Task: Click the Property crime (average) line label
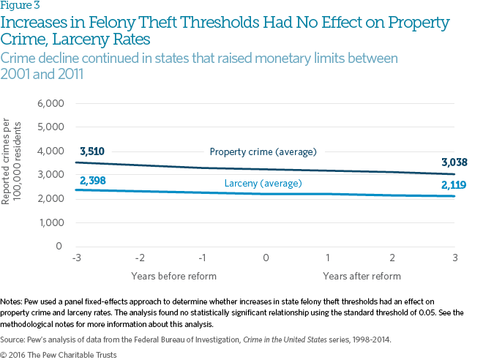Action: (263, 152)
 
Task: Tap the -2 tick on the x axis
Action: (140, 258)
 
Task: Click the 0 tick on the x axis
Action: (266, 258)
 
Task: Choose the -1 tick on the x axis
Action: (202, 258)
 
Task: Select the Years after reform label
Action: (362, 276)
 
